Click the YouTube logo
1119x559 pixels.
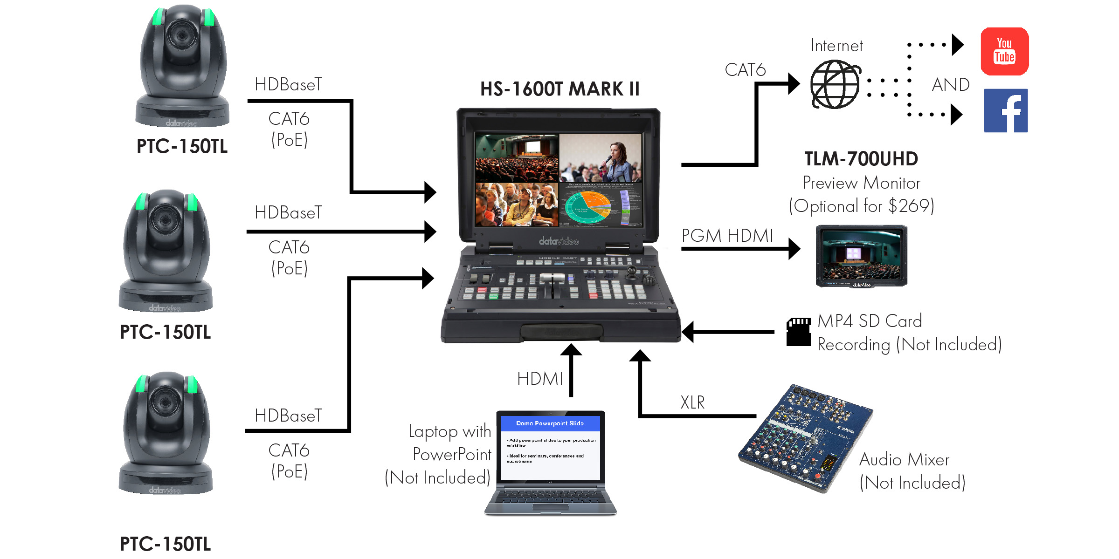coord(1004,51)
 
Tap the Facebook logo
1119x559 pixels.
coord(1006,111)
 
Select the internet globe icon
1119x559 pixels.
coord(835,84)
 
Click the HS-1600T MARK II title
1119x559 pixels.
coord(559,89)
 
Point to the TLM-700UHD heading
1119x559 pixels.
coord(861,159)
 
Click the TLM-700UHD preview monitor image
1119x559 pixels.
coord(861,256)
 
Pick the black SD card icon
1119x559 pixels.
coord(798,332)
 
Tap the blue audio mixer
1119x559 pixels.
coord(806,438)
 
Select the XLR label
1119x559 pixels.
coord(692,402)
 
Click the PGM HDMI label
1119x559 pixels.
coord(727,236)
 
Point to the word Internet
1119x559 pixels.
coord(836,46)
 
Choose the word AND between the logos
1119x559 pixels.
coord(950,85)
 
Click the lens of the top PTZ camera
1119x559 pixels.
coord(182,35)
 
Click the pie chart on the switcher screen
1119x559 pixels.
coord(587,206)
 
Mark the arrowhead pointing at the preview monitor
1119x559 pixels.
coord(794,249)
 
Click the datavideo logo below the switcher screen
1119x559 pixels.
coord(559,241)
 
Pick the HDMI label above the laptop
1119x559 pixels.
coord(540,379)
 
